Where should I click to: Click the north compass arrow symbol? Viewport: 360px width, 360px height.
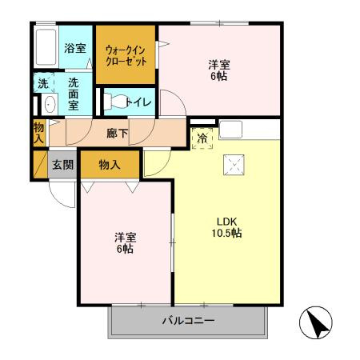coord(316,322)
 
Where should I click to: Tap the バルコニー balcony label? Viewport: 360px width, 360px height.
coord(188,321)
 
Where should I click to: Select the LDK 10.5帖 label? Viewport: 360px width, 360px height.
coord(226,227)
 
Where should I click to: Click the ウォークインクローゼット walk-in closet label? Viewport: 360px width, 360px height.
coord(126,56)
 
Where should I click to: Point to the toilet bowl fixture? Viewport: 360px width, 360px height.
coord(115,101)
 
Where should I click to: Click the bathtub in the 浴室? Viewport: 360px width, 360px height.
coord(46,47)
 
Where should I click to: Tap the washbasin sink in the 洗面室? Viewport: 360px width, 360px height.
coord(50,104)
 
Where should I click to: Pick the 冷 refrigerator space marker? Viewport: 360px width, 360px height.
coord(202,138)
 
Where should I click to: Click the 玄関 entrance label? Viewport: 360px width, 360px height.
coord(62,165)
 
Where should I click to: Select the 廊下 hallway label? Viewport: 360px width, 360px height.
coord(118,134)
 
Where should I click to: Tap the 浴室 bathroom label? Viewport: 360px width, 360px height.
coord(75,48)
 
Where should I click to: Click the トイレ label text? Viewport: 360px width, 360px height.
coord(139,102)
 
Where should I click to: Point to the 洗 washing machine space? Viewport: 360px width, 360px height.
coord(43,83)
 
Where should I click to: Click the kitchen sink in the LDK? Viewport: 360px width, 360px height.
coord(230,130)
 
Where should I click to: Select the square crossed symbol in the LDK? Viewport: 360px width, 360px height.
coord(234,165)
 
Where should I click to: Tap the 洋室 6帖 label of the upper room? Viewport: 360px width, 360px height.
coord(219,70)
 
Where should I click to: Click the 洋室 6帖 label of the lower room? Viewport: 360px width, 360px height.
coord(126,243)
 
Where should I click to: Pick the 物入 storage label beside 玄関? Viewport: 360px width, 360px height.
coord(110,165)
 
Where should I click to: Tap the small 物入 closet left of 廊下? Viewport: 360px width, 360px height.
coord(39,133)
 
